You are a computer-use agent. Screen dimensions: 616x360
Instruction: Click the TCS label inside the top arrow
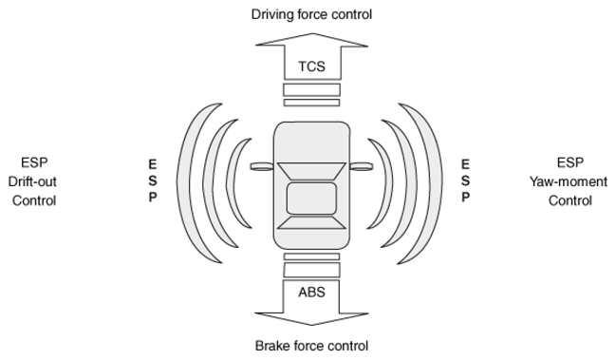[x=311, y=66]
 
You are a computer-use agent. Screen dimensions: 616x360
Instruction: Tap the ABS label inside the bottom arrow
[x=311, y=292]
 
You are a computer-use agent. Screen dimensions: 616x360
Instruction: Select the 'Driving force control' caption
[x=311, y=14]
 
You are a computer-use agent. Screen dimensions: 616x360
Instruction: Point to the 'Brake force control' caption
[x=311, y=346]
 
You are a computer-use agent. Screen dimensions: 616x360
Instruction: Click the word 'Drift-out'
[x=32, y=181]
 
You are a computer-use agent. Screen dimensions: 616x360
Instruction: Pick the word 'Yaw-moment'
[x=569, y=182]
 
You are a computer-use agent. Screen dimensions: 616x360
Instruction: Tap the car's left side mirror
[x=262, y=166]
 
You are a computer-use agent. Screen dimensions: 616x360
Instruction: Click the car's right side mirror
[x=361, y=166]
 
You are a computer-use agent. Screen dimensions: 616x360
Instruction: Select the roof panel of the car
[x=311, y=199]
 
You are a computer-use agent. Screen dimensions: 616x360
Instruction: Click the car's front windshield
[x=311, y=172]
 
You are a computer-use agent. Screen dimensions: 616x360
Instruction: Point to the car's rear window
[x=311, y=221]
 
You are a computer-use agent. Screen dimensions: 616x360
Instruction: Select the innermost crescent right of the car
[x=388, y=182]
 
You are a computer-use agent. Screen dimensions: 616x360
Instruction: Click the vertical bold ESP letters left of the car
[x=153, y=180]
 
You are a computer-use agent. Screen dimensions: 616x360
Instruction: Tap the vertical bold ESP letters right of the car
[x=465, y=180]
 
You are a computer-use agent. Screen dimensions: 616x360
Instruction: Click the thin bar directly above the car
[x=311, y=103]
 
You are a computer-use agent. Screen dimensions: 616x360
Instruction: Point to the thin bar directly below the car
[x=311, y=256]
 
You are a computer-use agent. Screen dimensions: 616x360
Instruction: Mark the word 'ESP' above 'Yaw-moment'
[x=570, y=162]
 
